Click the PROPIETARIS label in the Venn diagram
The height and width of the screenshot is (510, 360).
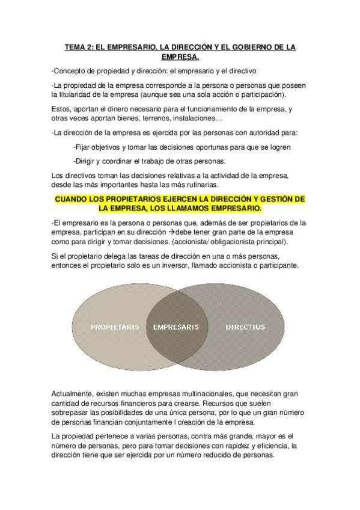coord(115,327)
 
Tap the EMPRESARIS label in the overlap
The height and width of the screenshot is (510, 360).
coord(176,327)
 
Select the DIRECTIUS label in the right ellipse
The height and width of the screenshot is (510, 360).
coord(245,327)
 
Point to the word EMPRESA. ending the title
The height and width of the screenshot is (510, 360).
coord(180,57)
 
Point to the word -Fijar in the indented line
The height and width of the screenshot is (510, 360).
coord(81,147)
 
